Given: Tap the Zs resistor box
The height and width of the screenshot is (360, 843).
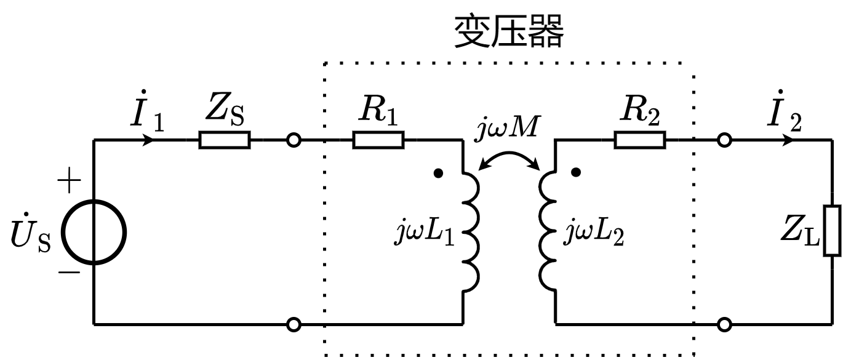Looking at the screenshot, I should (x=225, y=141).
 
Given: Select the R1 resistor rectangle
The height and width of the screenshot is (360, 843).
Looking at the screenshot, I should (x=378, y=141).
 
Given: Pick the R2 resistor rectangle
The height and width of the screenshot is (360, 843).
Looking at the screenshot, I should (x=640, y=141).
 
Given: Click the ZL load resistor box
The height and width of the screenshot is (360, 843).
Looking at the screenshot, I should (x=833, y=231).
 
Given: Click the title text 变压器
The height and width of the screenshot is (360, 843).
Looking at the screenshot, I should (x=508, y=32).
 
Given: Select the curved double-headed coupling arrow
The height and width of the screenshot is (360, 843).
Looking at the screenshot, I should (x=509, y=159).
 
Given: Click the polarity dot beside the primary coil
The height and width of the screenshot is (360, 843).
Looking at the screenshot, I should (x=437, y=174).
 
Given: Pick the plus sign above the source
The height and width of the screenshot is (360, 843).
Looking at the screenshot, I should (x=69, y=182).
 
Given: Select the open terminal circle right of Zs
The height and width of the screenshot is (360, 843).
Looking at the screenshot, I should (x=294, y=141).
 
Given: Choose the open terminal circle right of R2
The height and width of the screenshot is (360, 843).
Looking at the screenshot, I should (x=725, y=141).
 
